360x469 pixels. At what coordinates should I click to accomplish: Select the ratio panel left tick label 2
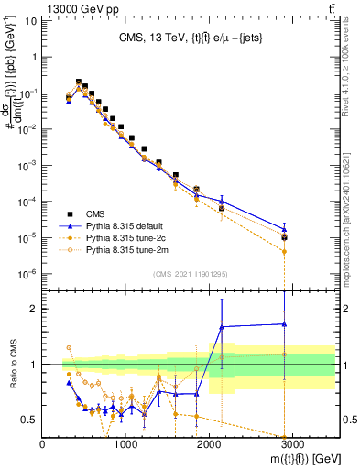[34, 309]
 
